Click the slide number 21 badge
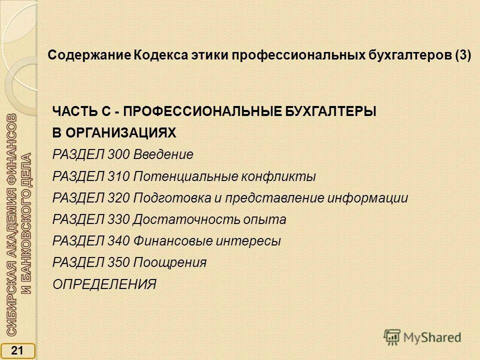17,351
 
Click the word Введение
163,154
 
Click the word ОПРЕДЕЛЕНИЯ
104,284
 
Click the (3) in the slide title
463,55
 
